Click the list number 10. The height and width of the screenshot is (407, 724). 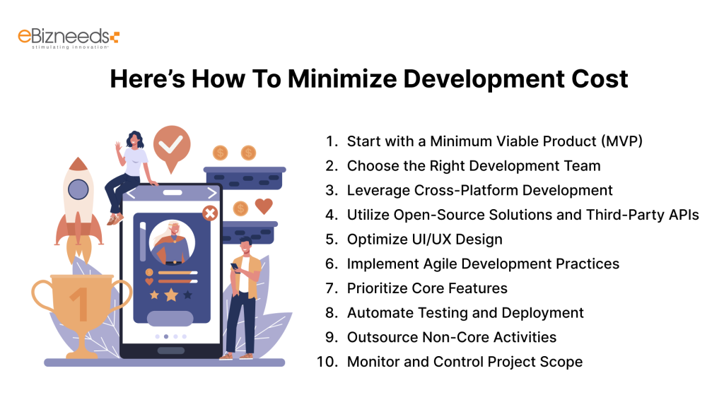click(x=328, y=362)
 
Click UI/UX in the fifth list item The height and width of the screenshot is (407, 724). click(x=431, y=239)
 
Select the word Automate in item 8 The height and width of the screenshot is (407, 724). click(x=379, y=312)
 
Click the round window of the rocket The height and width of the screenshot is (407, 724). click(x=77, y=189)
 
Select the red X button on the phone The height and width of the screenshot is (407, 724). click(x=209, y=213)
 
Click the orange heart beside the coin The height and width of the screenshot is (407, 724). click(x=264, y=206)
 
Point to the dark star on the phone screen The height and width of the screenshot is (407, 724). click(x=188, y=294)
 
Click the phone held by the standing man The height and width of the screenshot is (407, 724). click(x=234, y=268)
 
